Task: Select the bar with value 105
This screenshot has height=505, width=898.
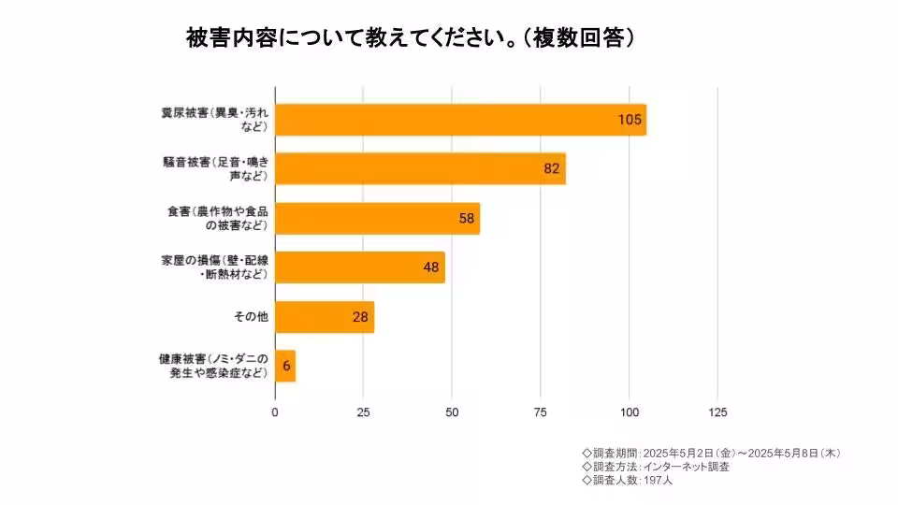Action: point(460,120)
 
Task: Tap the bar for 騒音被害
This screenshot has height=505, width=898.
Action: point(420,169)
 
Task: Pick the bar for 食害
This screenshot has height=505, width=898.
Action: point(377,218)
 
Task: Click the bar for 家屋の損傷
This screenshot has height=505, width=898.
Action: point(360,267)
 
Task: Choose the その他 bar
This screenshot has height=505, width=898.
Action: point(325,317)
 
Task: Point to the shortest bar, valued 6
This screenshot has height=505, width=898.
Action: point(285,367)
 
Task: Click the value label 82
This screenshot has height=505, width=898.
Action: point(551,169)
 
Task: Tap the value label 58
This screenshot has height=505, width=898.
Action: point(466,218)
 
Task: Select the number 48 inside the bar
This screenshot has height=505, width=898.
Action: point(430,267)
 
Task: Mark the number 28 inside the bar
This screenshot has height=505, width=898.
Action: point(360,317)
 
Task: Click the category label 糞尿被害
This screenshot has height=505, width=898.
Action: point(214,120)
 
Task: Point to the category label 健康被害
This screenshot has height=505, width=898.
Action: point(214,367)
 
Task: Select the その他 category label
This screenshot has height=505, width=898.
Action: point(250,317)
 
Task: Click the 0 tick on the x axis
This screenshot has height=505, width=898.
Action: point(275,412)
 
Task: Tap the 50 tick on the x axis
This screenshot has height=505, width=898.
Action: point(452,412)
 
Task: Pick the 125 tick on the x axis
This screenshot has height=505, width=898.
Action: point(717,412)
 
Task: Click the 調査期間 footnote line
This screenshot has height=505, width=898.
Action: point(711,453)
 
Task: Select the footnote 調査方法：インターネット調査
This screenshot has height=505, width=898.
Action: point(655,466)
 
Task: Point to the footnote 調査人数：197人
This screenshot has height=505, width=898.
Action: point(627,480)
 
